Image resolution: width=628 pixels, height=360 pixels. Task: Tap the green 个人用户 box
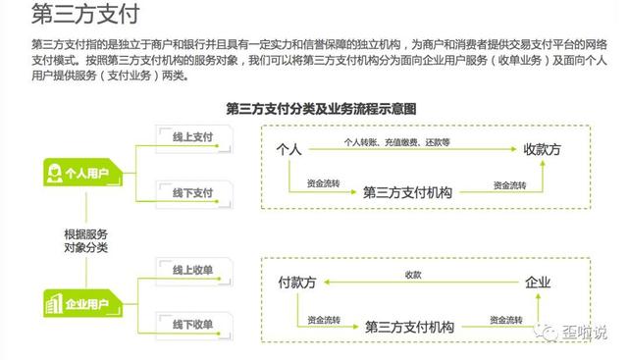tap(83, 175)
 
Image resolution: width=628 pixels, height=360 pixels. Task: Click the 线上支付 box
tap(192, 138)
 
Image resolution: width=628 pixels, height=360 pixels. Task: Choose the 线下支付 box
tap(192, 191)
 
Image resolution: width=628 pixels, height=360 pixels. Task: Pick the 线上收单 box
tap(192, 270)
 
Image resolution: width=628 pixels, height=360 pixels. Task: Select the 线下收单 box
tap(192, 324)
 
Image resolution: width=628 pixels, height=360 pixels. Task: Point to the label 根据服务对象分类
tap(85, 240)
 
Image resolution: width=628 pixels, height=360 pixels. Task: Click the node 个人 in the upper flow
tap(288, 149)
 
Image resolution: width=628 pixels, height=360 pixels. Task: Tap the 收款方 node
tap(542, 149)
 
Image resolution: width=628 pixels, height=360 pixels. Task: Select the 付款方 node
tap(297, 283)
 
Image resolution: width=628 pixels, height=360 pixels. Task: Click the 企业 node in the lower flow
tap(539, 283)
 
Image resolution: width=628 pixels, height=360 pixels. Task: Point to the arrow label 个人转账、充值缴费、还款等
tap(396, 142)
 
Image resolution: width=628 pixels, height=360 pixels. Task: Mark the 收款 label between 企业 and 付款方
tap(413, 275)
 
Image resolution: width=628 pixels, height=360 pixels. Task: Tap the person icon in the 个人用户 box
tap(55, 175)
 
